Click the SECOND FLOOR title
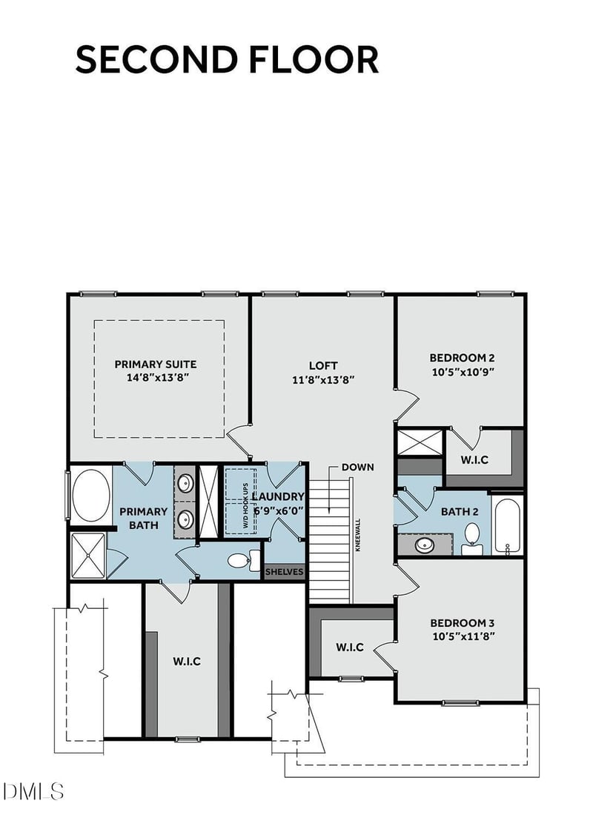[x=227, y=60]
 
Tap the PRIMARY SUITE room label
[x=155, y=364]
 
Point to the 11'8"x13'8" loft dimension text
[x=322, y=379]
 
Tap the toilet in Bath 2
[x=471, y=537]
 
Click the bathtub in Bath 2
[x=508, y=525]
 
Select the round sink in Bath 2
[x=425, y=545]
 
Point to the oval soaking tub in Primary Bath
[x=90, y=495]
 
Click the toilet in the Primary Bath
[x=241, y=559]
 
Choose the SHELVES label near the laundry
[x=285, y=573]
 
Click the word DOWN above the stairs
[x=357, y=467]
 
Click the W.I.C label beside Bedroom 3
[x=349, y=647]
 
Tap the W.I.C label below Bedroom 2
[x=474, y=459]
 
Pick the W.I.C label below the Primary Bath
[x=187, y=661]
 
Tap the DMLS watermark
[x=33, y=790]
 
